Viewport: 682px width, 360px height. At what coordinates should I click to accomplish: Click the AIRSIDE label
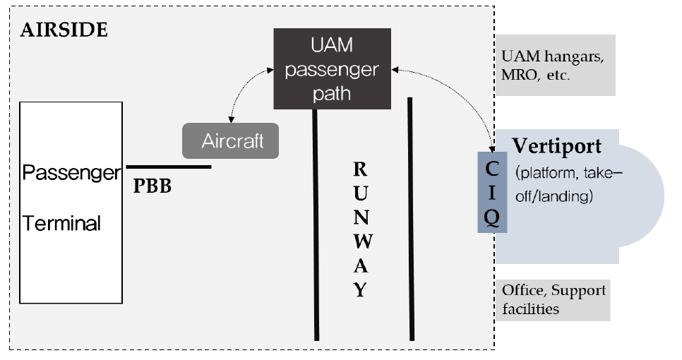click(64, 30)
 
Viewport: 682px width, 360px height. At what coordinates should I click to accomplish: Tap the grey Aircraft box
click(232, 140)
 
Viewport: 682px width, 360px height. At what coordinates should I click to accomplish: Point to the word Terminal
click(62, 224)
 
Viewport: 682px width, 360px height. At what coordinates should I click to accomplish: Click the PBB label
click(152, 188)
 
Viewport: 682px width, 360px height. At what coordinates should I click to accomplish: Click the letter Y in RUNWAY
click(359, 289)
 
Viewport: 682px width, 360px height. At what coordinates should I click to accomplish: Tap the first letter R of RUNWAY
click(359, 169)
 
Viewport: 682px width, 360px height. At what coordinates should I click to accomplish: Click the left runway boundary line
click(316, 226)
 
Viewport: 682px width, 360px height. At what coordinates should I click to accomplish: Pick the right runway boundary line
click(410, 219)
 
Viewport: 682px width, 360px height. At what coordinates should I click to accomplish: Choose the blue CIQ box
click(492, 191)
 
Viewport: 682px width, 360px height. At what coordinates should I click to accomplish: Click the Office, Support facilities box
click(553, 299)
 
